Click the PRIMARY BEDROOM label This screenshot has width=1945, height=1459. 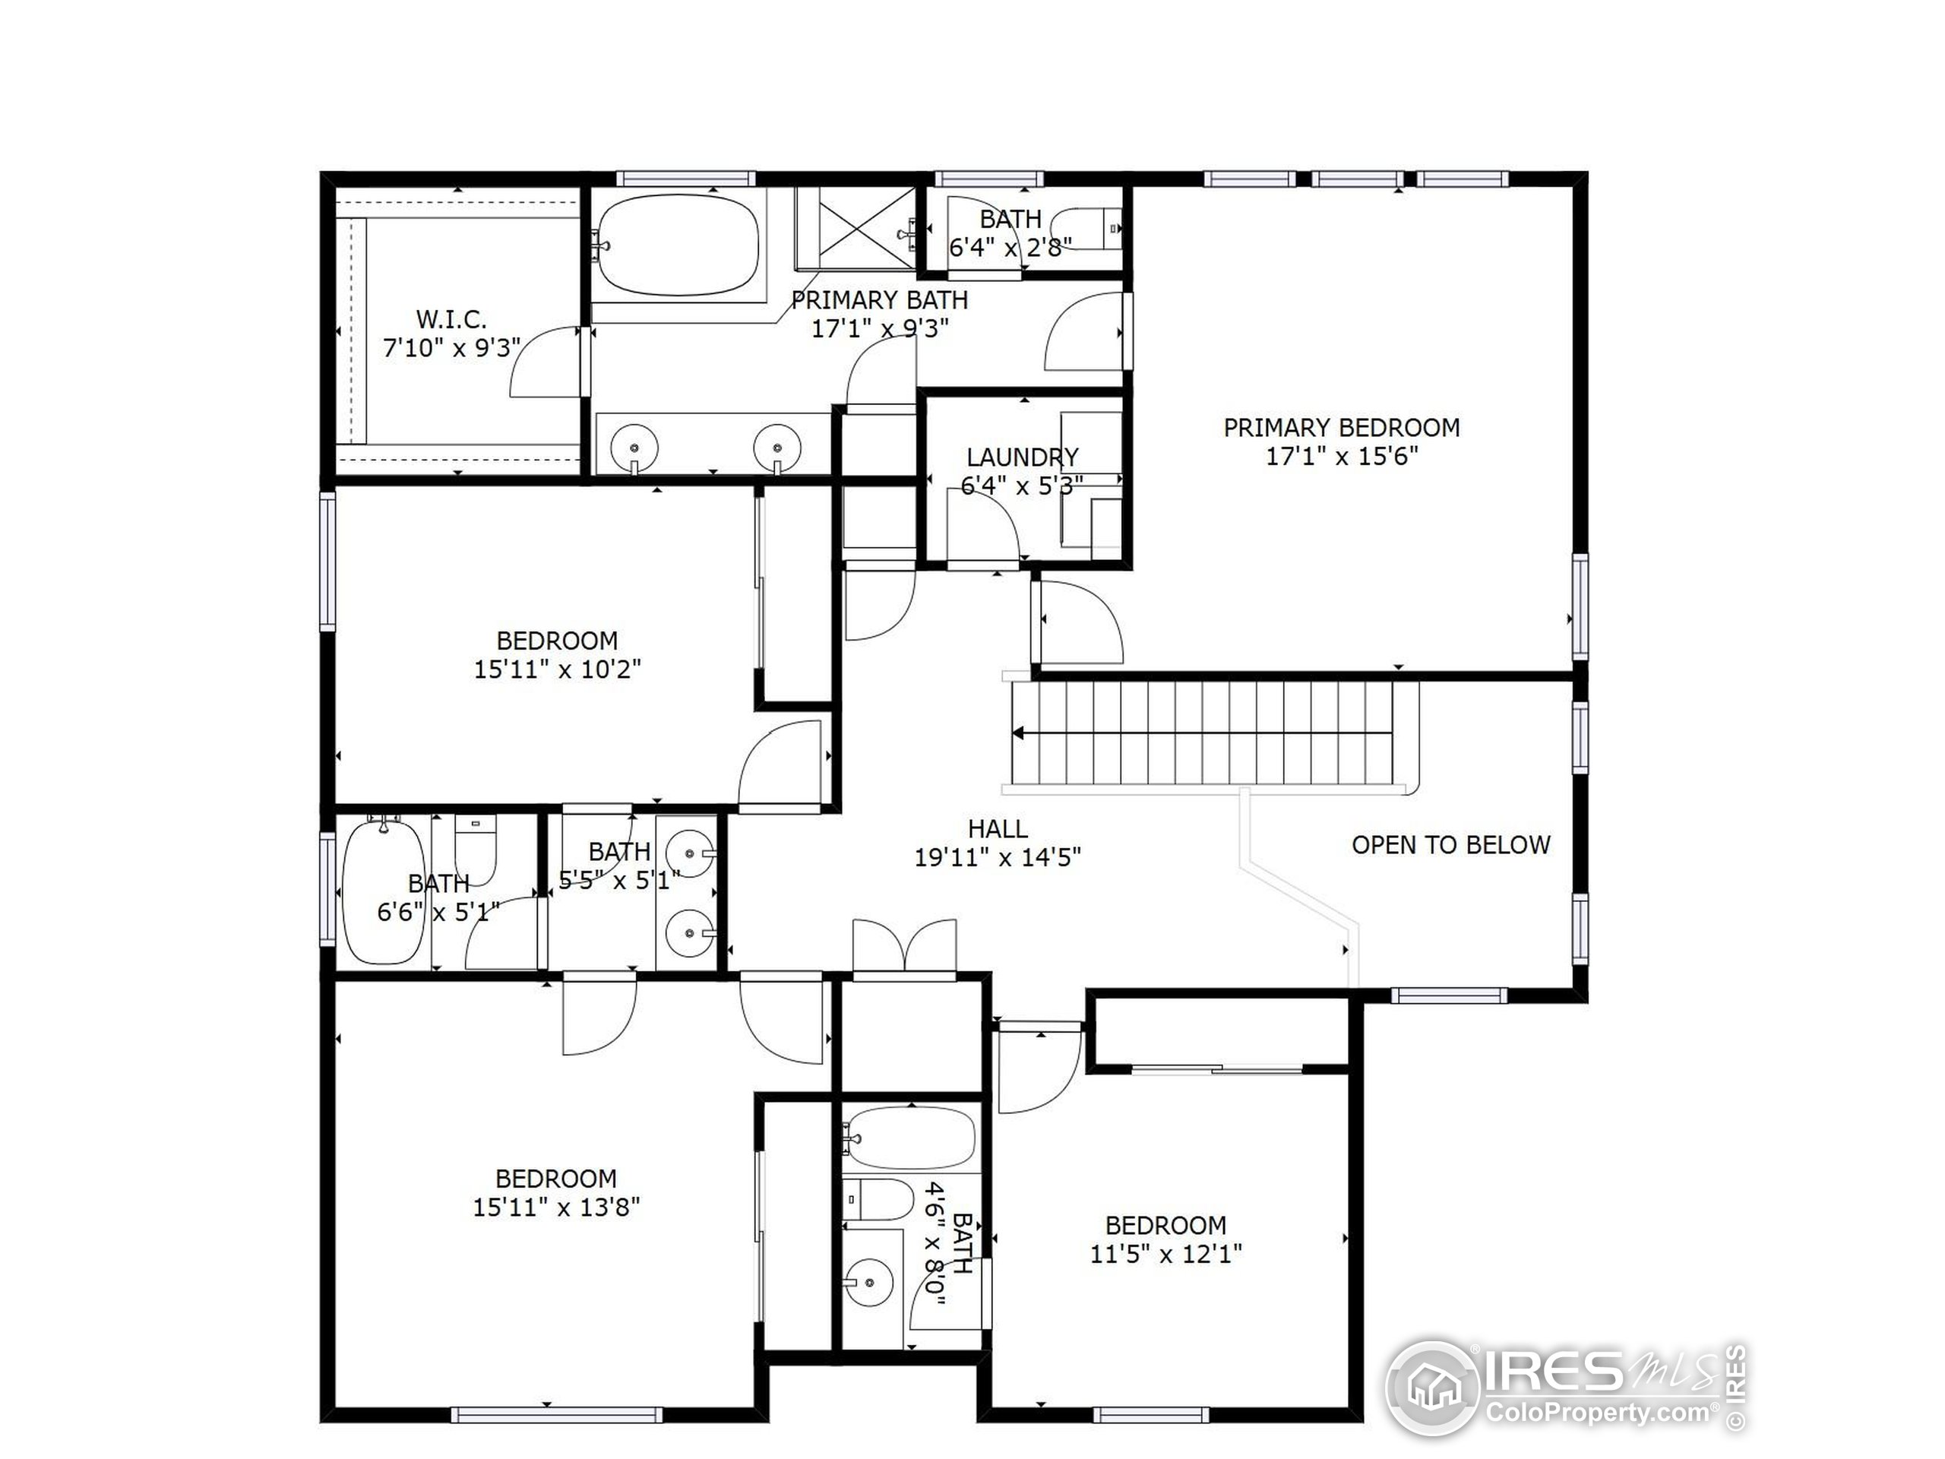pos(1341,429)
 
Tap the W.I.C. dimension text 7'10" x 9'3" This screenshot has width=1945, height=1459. pos(451,348)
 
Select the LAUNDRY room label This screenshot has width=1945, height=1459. pos(1022,457)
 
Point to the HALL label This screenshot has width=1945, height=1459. pos(997,828)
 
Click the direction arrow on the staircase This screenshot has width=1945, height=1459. pos(1019,733)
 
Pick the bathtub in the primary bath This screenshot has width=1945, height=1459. pos(675,245)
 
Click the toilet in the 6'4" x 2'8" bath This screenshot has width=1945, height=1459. pos(1088,229)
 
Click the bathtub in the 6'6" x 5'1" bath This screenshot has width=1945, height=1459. pos(384,891)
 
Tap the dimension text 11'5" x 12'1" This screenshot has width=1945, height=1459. pos(1165,1254)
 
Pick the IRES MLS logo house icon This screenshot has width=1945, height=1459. pos(1432,1388)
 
